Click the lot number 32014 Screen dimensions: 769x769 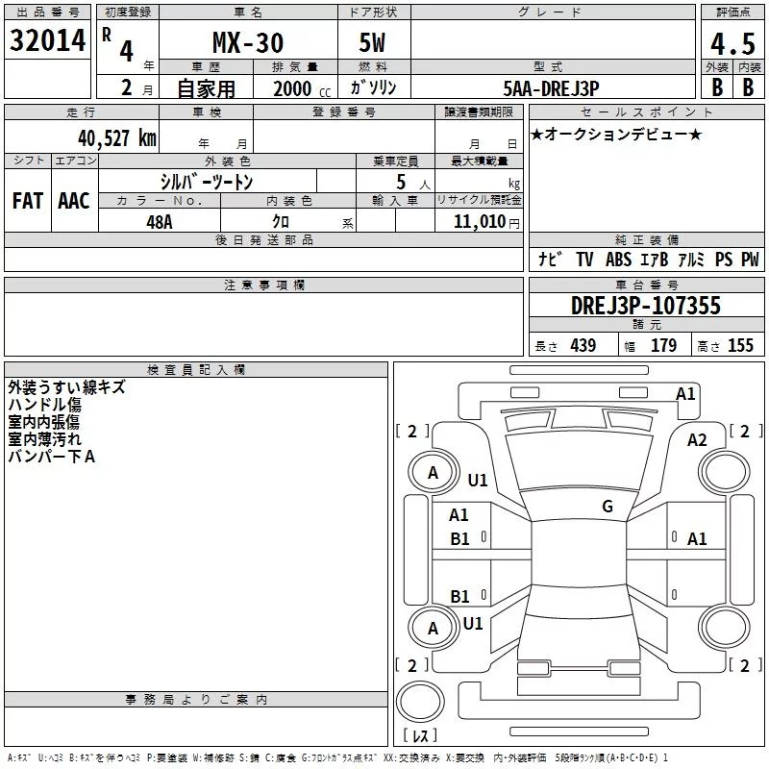(x=48, y=40)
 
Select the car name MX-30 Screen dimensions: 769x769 (x=248, y=41)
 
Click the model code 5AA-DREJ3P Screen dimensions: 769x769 (x=551, y=87)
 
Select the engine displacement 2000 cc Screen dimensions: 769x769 (x=292, y=88)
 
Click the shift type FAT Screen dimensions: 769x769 (x=28, y=201)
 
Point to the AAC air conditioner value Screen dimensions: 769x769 (x=74, y=201)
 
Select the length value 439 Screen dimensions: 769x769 (x=583, y=346)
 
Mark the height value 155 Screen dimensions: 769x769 (x=740, y=346)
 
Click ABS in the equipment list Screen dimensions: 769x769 (x=618, y=260)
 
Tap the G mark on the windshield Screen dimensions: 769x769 (x=608, y=507)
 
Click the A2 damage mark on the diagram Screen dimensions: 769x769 (x=697, y=439)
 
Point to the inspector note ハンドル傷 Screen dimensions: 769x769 (x=44, y=405)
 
